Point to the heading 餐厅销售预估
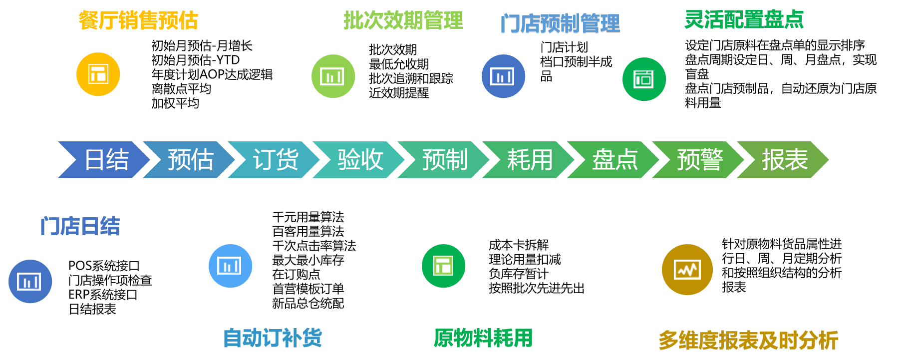(x=138, y=20)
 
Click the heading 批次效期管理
(x=403, y=20)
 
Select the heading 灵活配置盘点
(x=744, y=19)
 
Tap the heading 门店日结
(x=80, y=226)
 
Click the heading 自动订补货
(x=272, y=338)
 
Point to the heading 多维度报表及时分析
(x=748, y=341)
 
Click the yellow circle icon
(x=98, y=74)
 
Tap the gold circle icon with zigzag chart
(x=687, y=270)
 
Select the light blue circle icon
(x=230, y=266)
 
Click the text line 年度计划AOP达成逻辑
(x=212, y=74)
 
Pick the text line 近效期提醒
(x=399, y=93)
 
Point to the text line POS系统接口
(x=104, y=266)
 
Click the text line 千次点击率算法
(x=314, y=246)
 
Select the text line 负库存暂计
(x=518, y=274)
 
